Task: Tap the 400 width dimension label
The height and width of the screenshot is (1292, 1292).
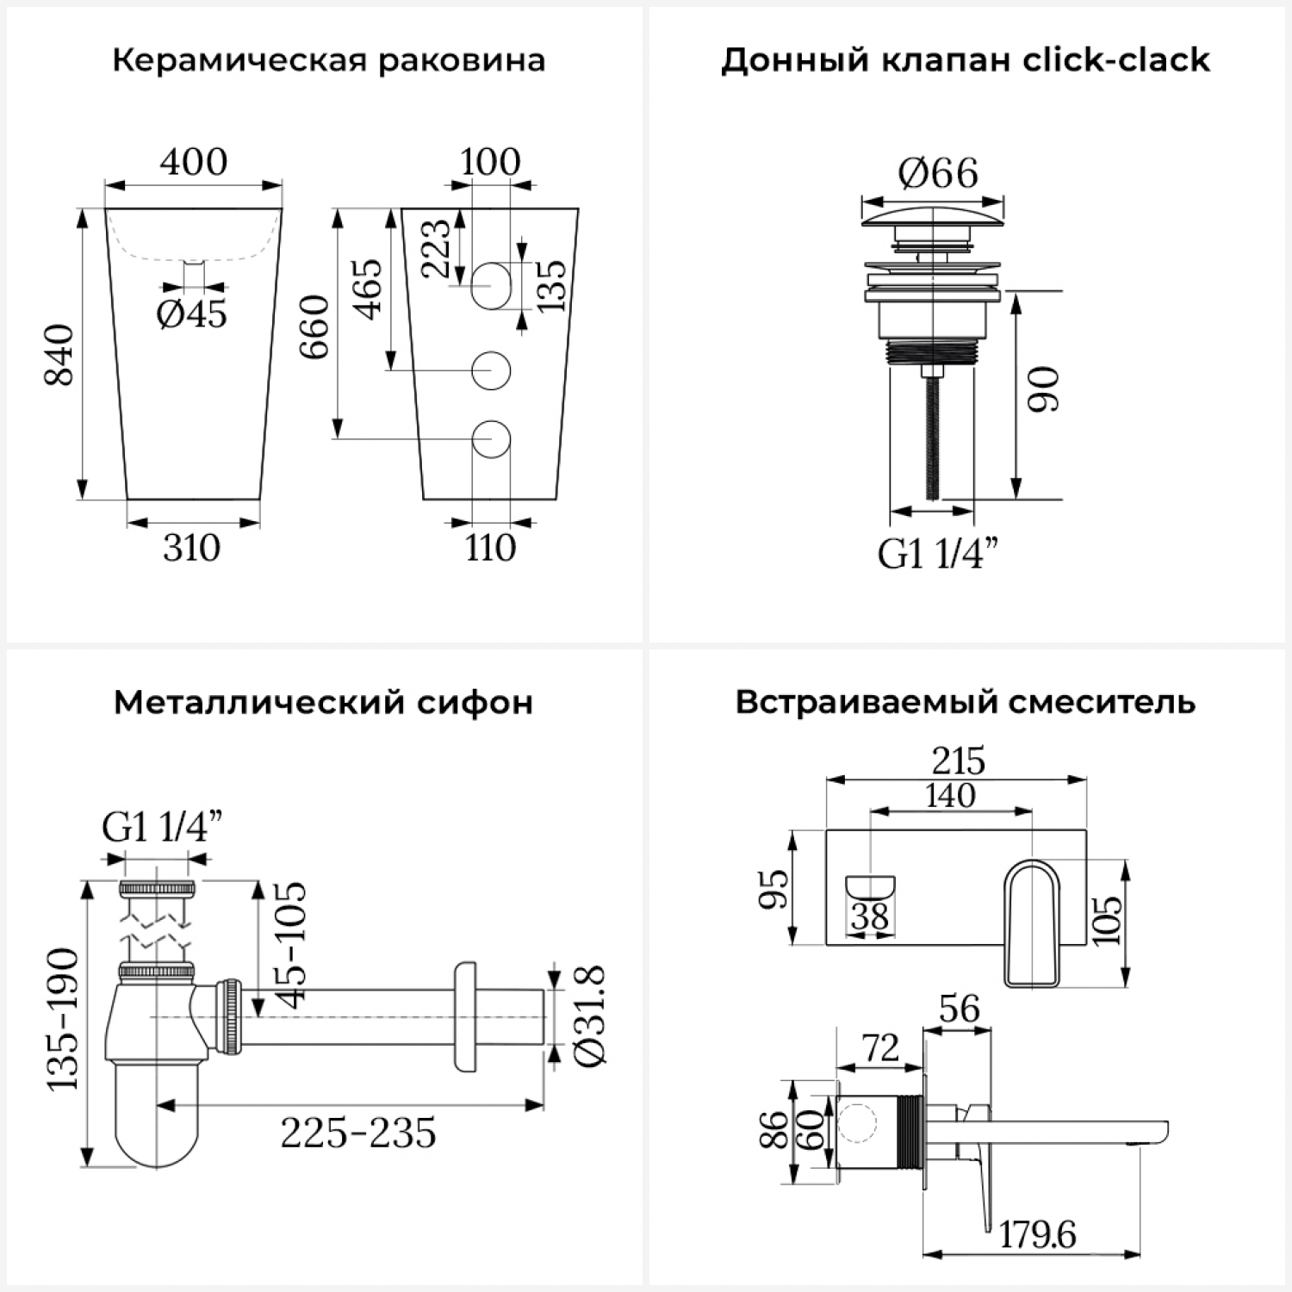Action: point(194,162)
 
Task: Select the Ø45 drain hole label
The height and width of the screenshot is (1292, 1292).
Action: point(192,314)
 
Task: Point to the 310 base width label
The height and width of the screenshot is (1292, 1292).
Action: point(192,548)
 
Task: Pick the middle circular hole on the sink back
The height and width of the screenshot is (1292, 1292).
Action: point(491,370)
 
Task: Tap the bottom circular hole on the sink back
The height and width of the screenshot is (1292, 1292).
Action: point(491,439)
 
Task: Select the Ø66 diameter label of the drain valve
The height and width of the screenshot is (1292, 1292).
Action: point(938,174)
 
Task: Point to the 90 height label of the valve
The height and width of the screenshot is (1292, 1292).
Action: point(1043,389)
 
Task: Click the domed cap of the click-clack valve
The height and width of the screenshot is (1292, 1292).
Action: point(933,214)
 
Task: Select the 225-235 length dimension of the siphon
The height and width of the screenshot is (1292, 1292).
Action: point(358,1134)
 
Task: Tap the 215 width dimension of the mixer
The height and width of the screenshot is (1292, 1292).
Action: point(958,761)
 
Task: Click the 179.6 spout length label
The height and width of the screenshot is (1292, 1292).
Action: point(1038,1235)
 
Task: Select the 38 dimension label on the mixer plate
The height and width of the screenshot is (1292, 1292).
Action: point(870,916)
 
